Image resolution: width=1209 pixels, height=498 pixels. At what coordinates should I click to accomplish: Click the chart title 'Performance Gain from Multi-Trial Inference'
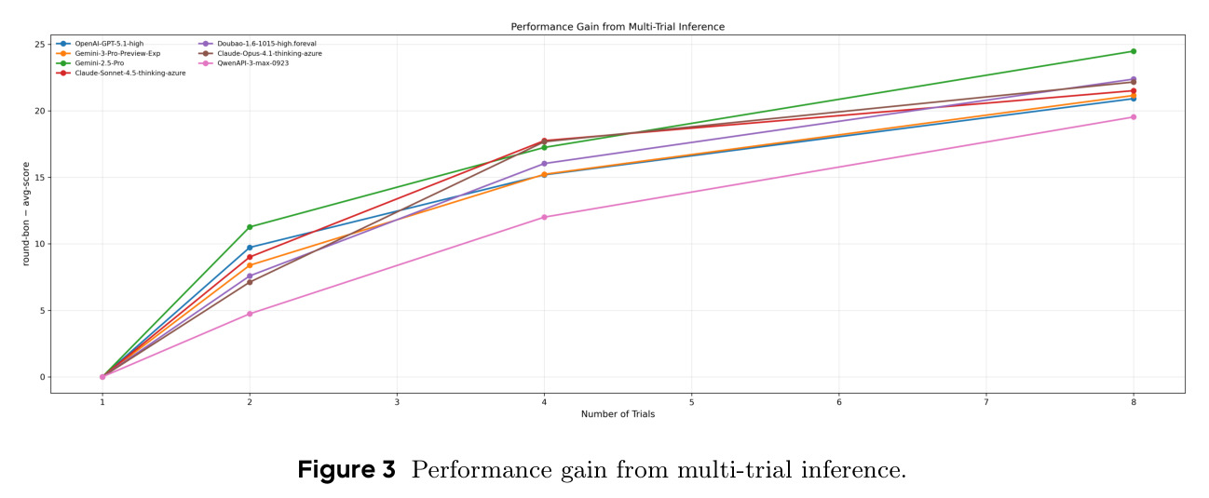[618, 27]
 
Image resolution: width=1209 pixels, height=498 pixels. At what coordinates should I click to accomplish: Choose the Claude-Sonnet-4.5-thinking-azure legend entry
[121, 73]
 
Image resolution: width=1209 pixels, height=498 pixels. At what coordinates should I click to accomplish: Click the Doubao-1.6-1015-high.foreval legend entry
[258, 44]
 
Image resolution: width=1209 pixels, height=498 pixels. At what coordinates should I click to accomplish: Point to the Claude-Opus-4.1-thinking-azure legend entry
[261, 53]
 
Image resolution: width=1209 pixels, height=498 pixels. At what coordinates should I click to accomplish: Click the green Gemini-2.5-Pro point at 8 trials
[1134, 51]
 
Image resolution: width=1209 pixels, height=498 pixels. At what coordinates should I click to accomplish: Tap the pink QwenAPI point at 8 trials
[1134, 117]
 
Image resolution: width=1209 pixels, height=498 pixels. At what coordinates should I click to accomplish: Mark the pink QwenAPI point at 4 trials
[544, 218]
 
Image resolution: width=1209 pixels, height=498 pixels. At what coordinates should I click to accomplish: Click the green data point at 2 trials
[250, 227]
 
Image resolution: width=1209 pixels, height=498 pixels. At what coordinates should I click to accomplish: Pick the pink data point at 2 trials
[250, 314]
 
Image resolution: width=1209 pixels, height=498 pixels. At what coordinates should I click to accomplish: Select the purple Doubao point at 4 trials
[544, 164]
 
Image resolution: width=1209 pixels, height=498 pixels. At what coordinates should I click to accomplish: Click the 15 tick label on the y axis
[40, 178]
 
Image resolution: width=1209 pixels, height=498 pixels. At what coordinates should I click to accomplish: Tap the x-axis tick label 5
[691, 402]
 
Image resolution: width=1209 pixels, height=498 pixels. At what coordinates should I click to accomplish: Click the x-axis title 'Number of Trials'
[618, 414]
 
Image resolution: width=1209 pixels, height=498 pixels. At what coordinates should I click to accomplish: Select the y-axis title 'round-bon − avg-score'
[26, 214]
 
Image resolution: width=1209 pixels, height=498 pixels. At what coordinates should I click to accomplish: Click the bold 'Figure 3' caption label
[346, 469]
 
